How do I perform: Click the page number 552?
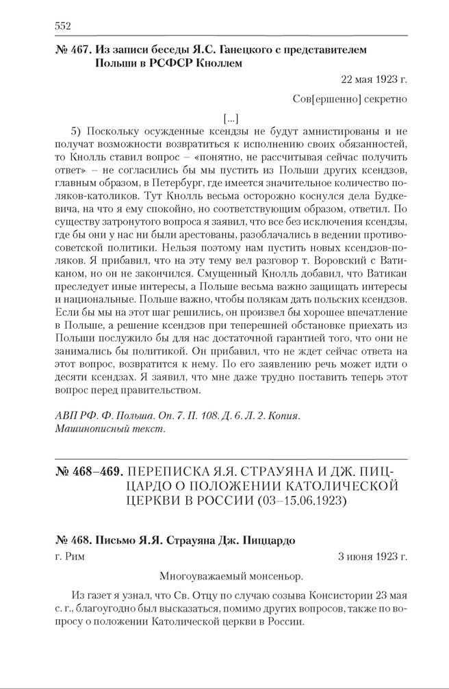click(62, 26)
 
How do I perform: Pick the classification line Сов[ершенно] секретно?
click(349, 99)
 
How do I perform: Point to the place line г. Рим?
click(68, 557)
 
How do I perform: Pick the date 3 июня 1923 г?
click(372, 557)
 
